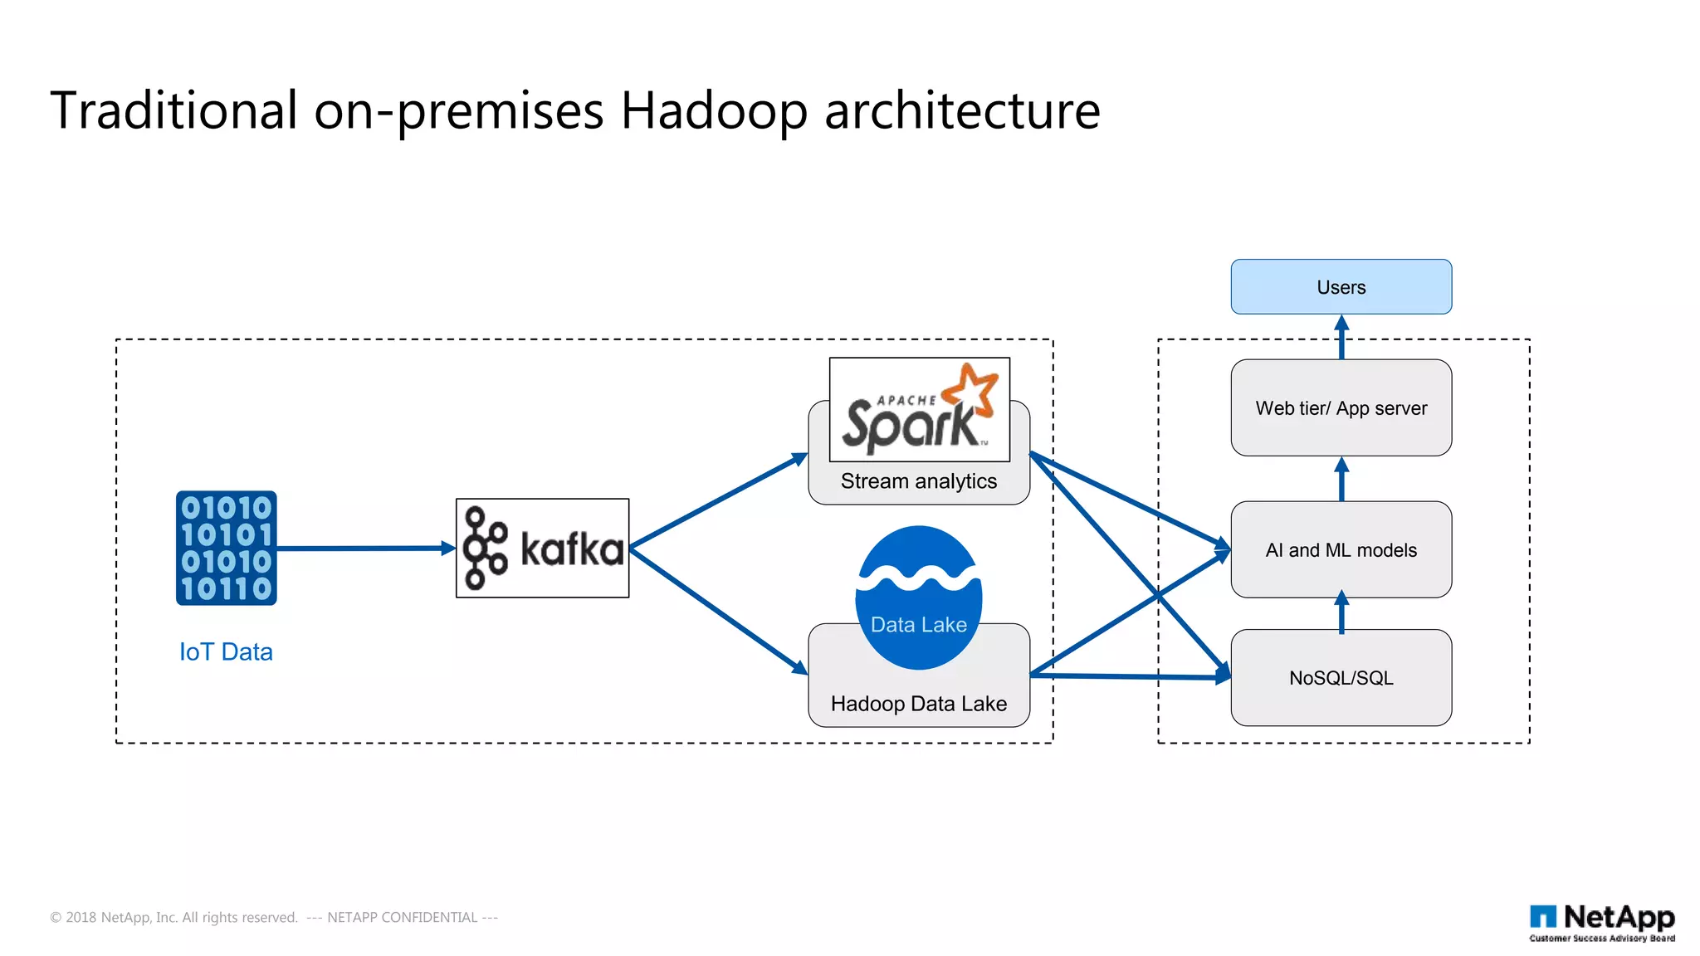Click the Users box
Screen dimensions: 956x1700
[x=1341, y=287]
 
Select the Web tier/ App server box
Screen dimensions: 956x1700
[x=1341, y=408]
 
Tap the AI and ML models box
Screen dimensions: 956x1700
[x=1341, y=549]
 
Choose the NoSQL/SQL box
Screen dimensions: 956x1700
[x=1341, y=678]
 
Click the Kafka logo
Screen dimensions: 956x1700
[x=542, y=549]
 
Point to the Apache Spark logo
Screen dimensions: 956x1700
[x=919, y=410]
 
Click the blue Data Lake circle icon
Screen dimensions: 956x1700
[x=919, y=597]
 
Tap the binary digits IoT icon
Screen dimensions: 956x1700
[x=226, y=548]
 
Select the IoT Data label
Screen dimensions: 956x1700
[x=226, y=652]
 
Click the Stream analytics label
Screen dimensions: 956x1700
[x=919, y=481]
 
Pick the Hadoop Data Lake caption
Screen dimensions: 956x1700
[x=919, y=704]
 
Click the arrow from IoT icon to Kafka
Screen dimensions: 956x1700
[x=365, y=549]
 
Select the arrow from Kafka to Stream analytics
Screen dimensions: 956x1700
[x=718, y=501]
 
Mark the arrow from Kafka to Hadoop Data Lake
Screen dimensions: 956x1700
[x=718, y=610]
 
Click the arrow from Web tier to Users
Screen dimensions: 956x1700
[x=1341, y=337]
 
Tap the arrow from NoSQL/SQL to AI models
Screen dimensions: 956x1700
[x=1341, y=613]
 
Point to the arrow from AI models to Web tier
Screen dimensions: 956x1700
[x=1341, y=479]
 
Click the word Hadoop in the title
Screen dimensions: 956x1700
[x=714, y=110]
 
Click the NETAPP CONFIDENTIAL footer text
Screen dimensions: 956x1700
[x=402, y=917]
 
